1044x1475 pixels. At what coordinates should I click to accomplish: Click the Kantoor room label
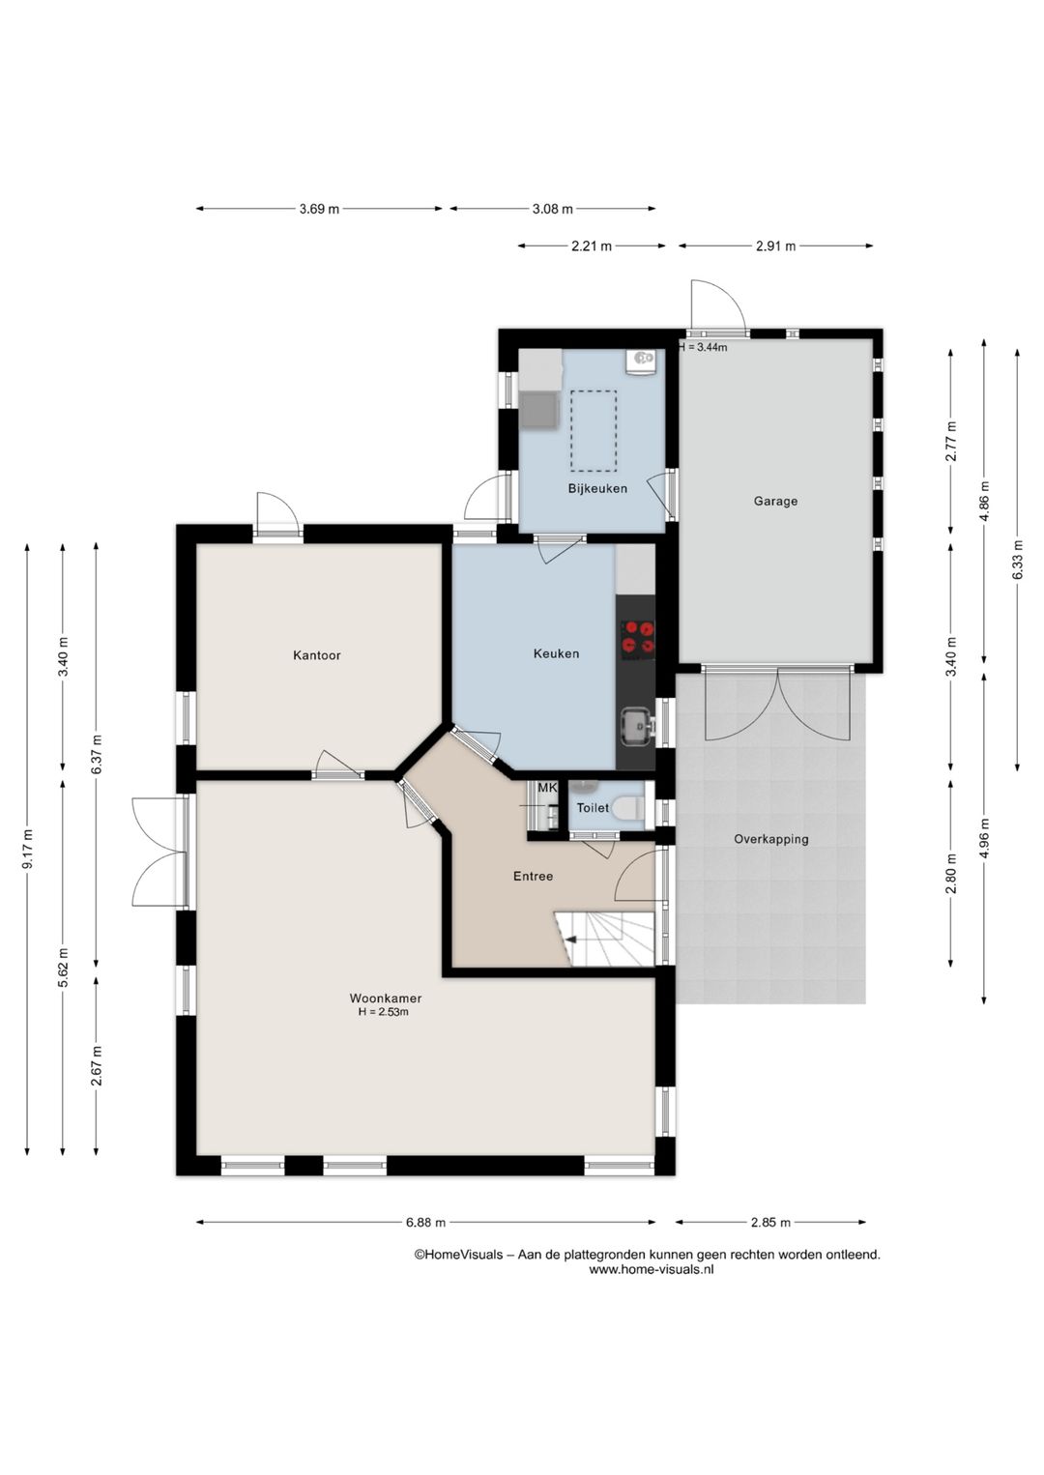[x=317, y=655]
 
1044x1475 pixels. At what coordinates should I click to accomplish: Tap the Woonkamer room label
[x=386, y=998]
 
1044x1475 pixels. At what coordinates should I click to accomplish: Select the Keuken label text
[x=556, y=653]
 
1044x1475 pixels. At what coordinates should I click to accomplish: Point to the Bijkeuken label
[x=597, y=488]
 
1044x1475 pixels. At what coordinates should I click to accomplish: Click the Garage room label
[x=775, y=501]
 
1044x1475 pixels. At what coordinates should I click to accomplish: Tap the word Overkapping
[x=771, y=840]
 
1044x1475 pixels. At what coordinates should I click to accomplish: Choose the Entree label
[x=533, y=877]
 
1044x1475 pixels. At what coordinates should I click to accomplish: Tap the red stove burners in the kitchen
[x=638, y=637]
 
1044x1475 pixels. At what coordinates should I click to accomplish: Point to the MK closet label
[x=547, y=788]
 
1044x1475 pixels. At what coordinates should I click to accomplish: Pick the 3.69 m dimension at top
[x=319, y=209]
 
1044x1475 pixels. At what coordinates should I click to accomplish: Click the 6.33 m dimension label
[x=1018, y=560]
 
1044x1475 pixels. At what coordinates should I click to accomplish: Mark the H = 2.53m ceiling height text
[x=384, y=1012]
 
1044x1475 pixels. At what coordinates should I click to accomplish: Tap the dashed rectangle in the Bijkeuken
[x=594, y=431]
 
